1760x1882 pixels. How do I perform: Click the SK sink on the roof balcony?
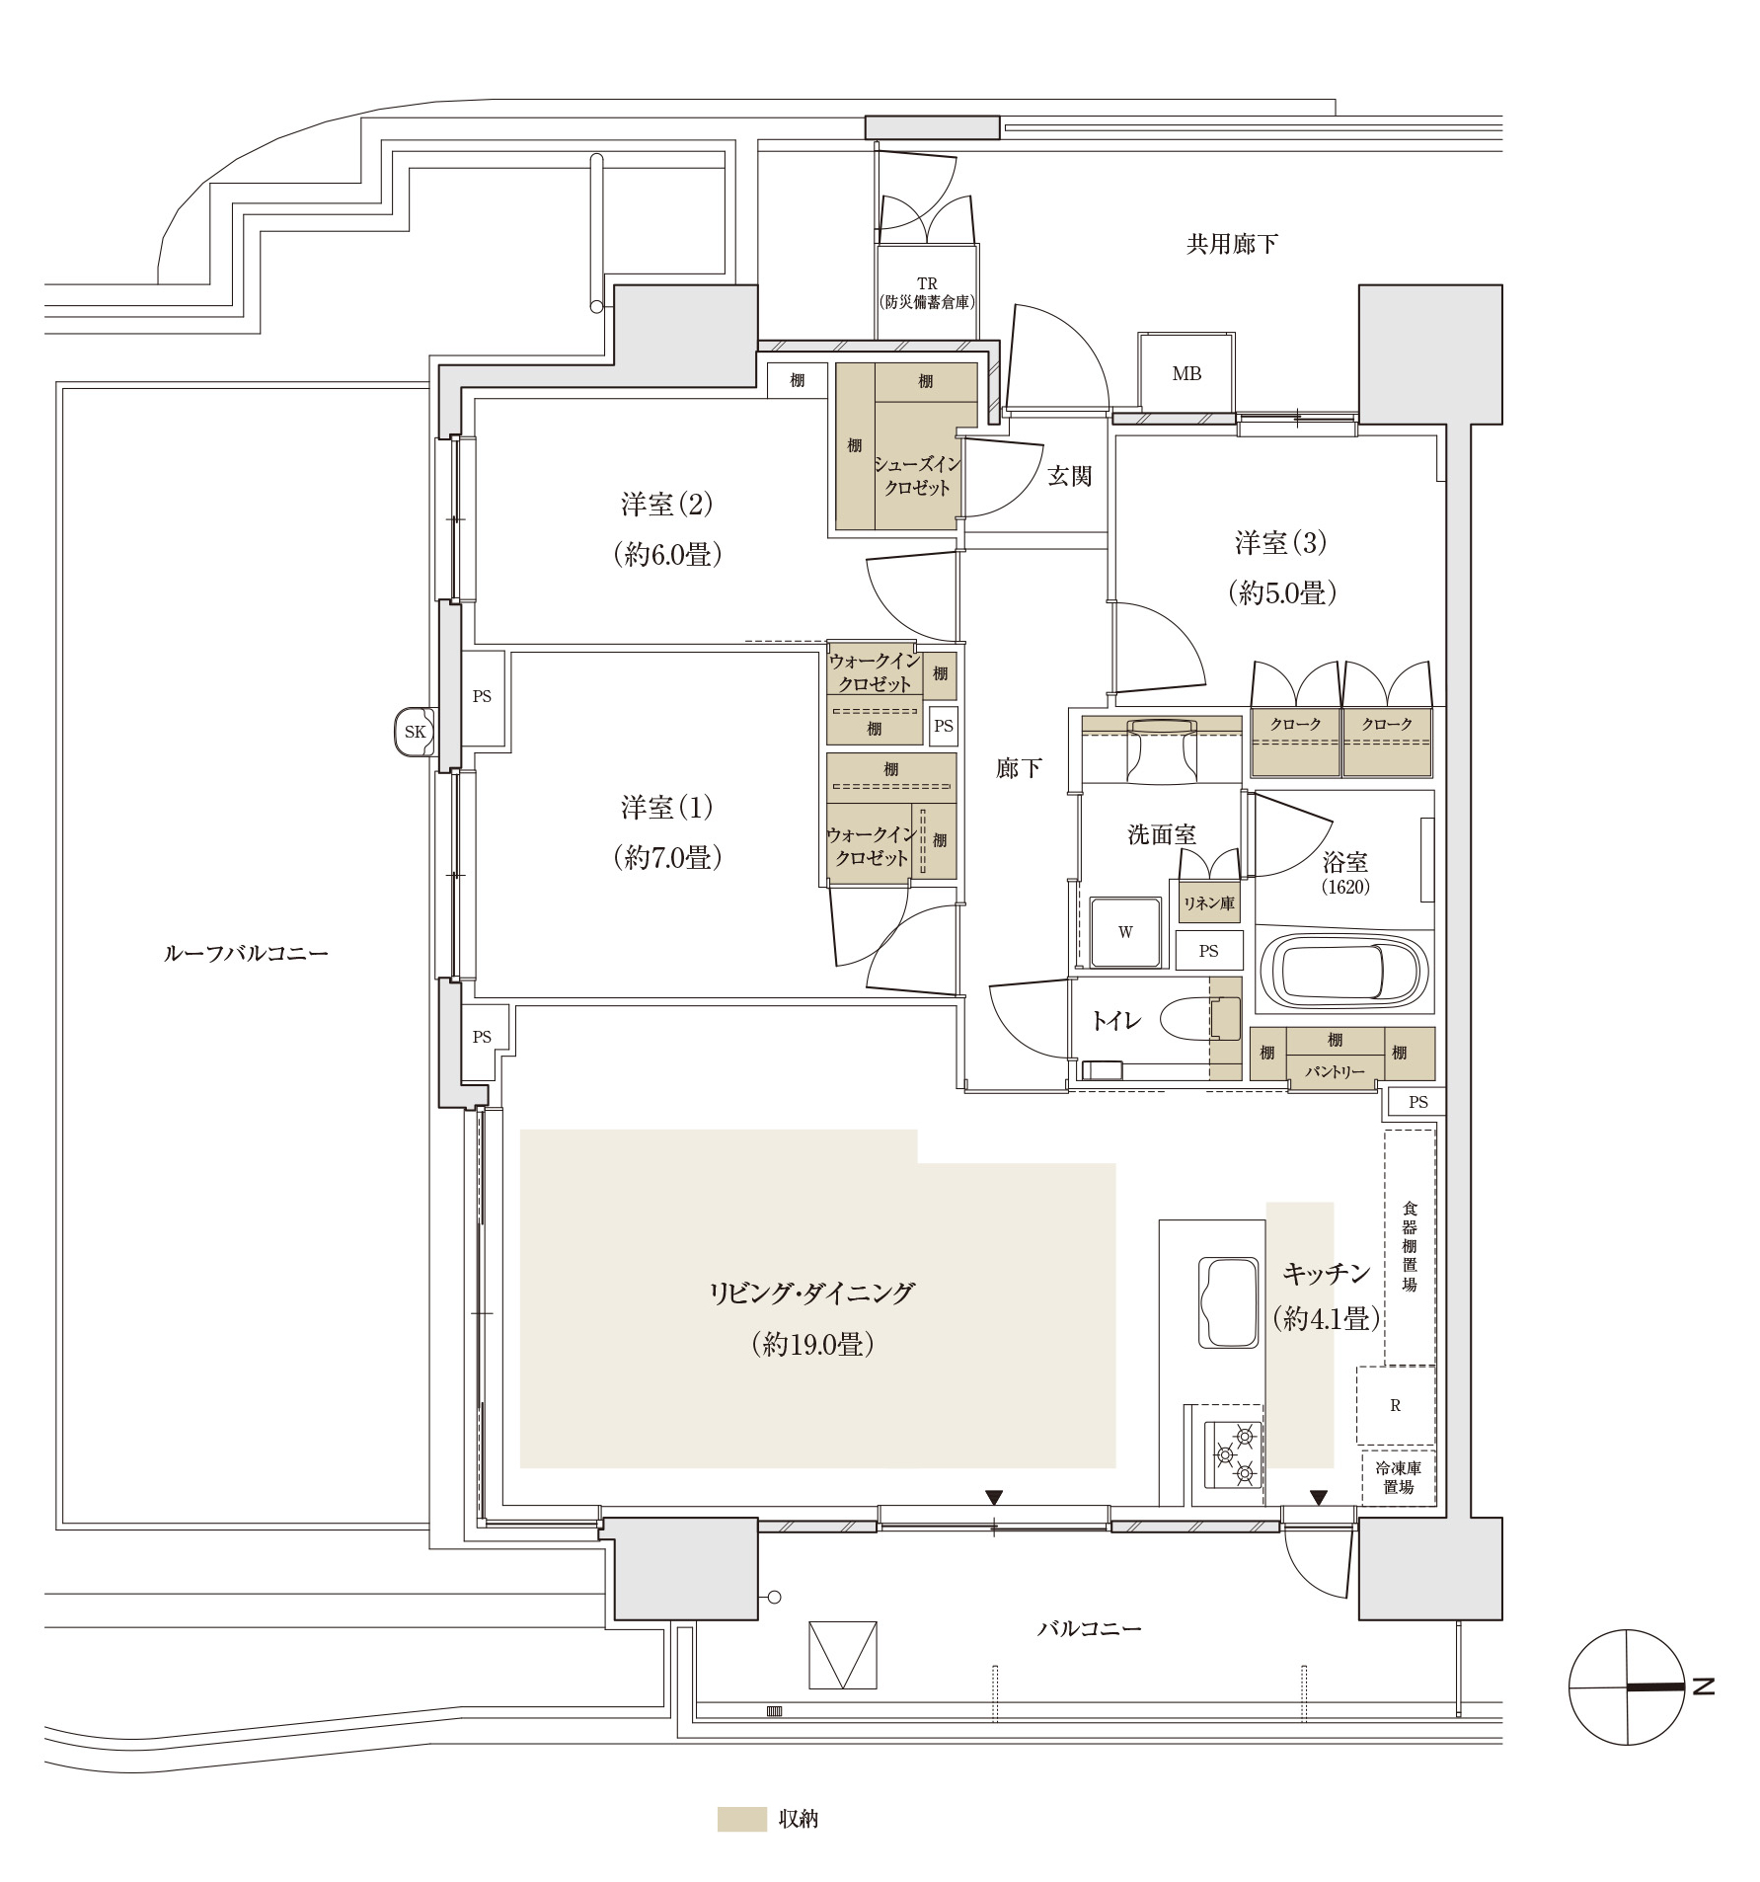pos(415,732)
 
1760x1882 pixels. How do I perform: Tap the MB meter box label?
pos(1186,373)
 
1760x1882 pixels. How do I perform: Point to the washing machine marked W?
pos(1125,932)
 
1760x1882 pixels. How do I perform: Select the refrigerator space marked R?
pos(1395,1406)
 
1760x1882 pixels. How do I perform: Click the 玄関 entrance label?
pos(1069,476)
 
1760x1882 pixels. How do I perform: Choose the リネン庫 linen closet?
pos(1208,902)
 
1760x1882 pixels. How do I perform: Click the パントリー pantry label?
pos(1335,1071)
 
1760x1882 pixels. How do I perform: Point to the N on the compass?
pos(1702,1686)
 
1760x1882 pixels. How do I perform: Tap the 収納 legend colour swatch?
pos(741,1819)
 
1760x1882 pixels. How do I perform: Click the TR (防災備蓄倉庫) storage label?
pos(927,293)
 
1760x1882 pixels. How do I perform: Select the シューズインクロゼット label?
pos(917,476)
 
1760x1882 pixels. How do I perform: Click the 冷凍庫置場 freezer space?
pos(1398,1477)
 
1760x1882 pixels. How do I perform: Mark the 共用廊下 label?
pos(1231,244)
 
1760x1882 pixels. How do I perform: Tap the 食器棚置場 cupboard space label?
pos(1410,1246)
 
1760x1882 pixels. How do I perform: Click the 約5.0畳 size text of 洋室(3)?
pos(1281,592)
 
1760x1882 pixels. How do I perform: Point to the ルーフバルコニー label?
pos(246,953)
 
